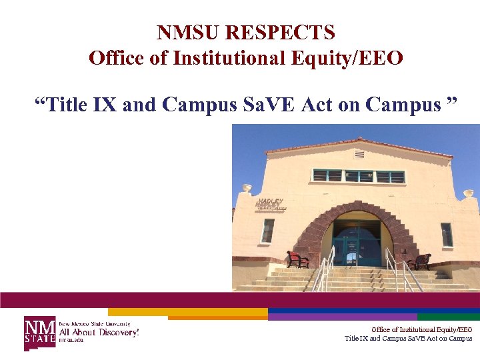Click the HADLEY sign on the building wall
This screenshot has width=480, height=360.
[x=271, y=203]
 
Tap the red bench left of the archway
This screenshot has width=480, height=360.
[x=297, y=259]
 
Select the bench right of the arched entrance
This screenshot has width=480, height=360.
[x=419, y=261]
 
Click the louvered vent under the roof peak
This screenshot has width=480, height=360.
[x=359, y=154]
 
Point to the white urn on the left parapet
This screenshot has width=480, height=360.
[x=247, y=189]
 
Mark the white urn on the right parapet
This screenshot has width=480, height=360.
[x=468, y=193]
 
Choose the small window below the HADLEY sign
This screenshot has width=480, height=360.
[x=267, y=231]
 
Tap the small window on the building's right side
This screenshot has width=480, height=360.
[x=447, y=235]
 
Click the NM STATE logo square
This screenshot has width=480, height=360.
[x=40, y=331]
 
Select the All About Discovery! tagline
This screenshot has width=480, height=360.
[x=99, y=331]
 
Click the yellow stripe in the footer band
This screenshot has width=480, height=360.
[x=187, y=311]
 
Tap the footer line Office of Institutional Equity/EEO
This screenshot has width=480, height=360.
[x=421, y=329]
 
